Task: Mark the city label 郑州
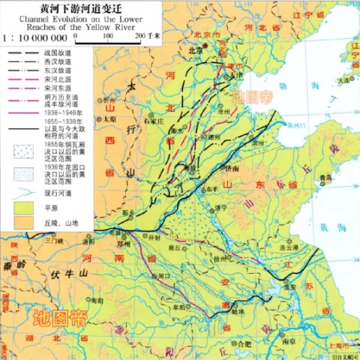tap(121, 243)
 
